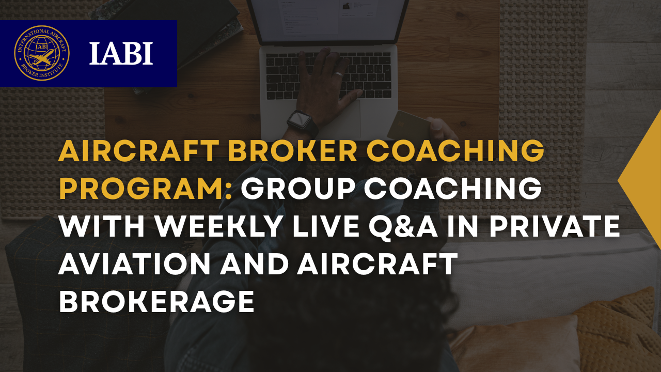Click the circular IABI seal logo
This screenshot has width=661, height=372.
(41, 53)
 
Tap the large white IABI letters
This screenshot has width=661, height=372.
(121, 53)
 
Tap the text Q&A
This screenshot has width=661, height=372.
(423, 227)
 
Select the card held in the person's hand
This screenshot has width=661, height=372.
(408, 125)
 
